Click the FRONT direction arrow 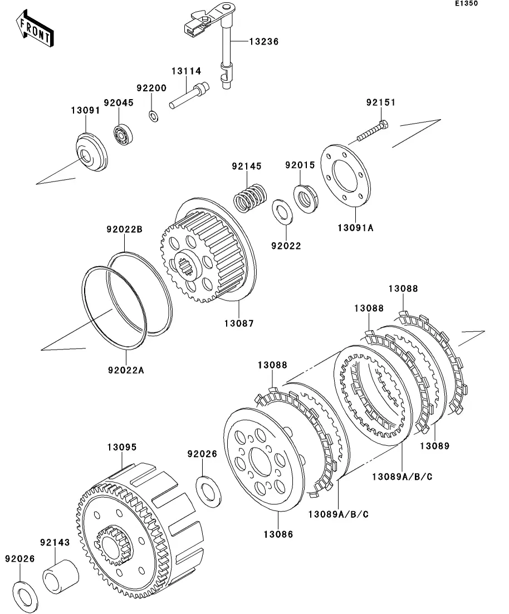pyautogui.click(x=35, y=28)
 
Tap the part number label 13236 pyautogui.click(x=264, y=42)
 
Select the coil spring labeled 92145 pyautogui.click(x=250, y=198)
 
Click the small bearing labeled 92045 pyautogui.click(x=124, y=134)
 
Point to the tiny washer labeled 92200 pyautogui.click(x=154, y=116)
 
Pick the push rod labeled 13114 pyautogui.click(x=189, y=95)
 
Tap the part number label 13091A pyautogui.click(x=355, y=228)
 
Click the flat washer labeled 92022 pyautogui.click(x=283, y=212)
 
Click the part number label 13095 pyautogui.click(x=122, y=447)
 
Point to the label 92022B pyautogui.click(x=125, y=229)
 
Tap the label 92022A pyautogui.click(x=126, y=370)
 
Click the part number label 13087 pyautogui.click(x=239, y=323)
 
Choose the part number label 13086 pyautogui.click(x=278, y=534)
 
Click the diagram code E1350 pyautogui.click(x=466, y=3)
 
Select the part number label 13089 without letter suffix pyautogui.click(x=434, y=446)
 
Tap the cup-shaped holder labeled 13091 pyautogui.click(x=91, y=152)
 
